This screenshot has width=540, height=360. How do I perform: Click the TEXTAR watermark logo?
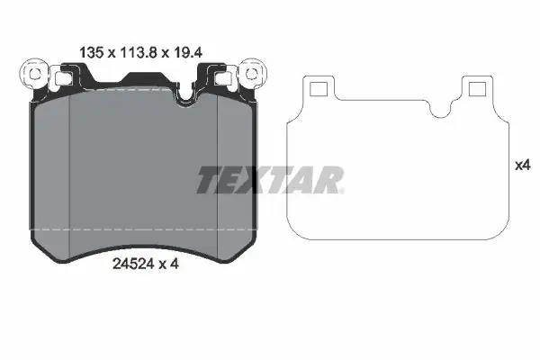pyautogui.click(x=270, y=180)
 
